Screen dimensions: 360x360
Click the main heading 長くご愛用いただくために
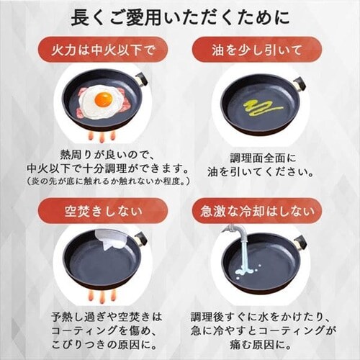click(180, 17)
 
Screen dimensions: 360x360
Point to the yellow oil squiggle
click(263, 107)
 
